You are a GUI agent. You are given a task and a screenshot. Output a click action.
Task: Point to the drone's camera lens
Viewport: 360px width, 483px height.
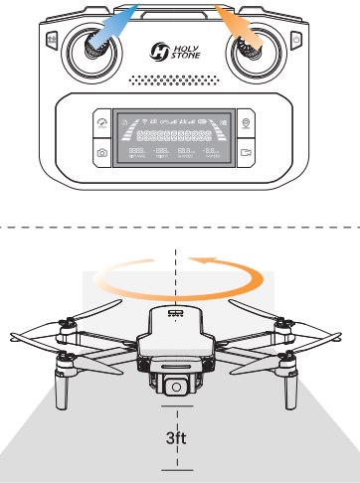[x=172, y=386]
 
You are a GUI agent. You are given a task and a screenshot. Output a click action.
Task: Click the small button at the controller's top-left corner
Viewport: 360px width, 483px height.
[x=46, y=39]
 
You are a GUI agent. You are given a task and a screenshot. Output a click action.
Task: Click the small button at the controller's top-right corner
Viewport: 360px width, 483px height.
[x=295, y=39]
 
